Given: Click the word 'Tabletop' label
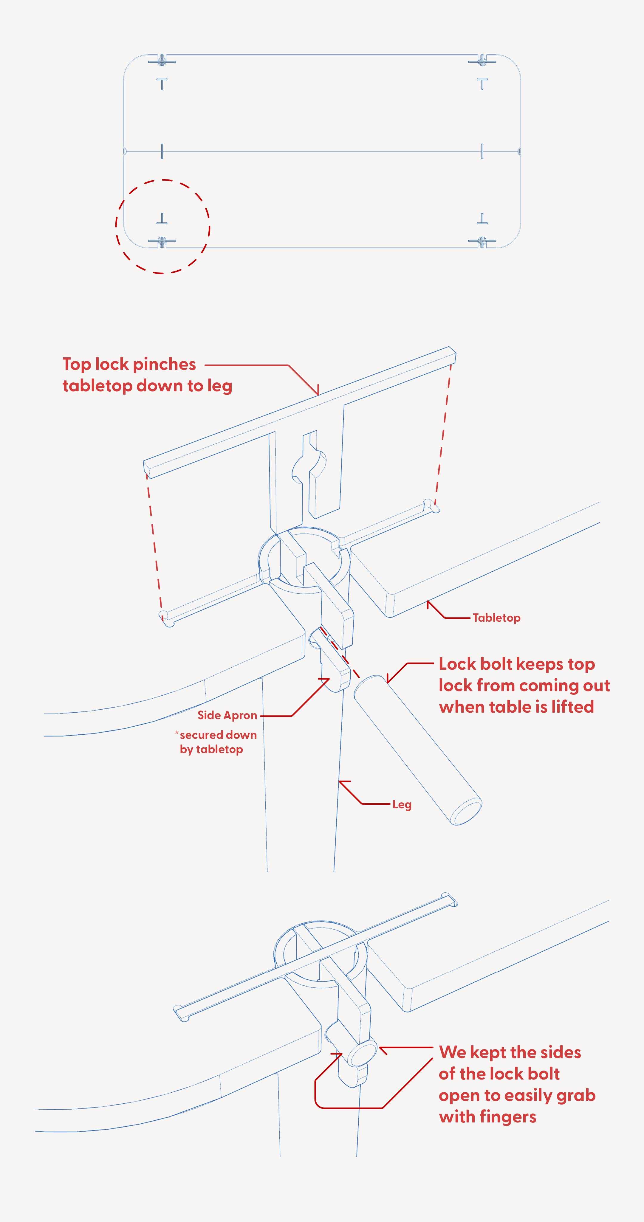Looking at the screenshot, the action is [496, 618].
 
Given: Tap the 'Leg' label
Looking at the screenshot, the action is [402, 804].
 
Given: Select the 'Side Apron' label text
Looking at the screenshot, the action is [227, 715].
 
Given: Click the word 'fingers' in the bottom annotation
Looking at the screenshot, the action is [508, 1117].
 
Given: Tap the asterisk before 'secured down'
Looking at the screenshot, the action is [177, 733].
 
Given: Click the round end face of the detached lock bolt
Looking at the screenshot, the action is [466, 812].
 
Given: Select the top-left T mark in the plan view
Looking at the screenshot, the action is [162, 84].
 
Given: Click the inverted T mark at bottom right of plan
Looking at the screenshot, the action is [482, 219].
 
